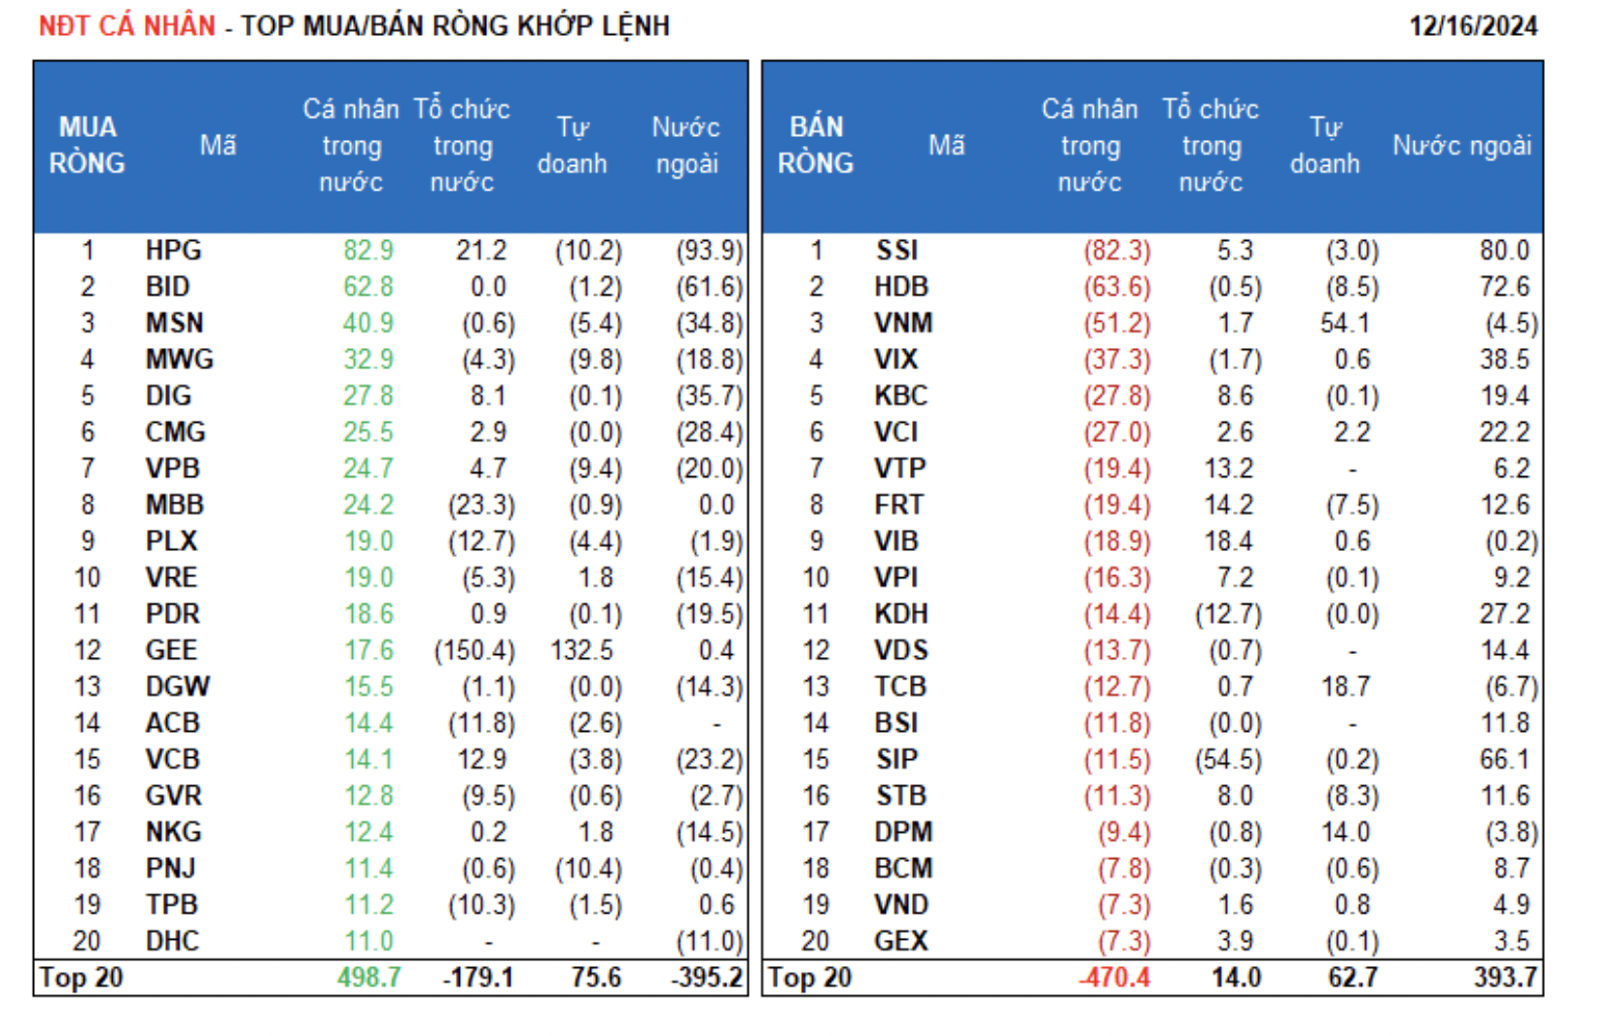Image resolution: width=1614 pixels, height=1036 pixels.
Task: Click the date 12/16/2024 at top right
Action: pos(1472,26)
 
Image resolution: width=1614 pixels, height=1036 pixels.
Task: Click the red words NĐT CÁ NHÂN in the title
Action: pos(126,26)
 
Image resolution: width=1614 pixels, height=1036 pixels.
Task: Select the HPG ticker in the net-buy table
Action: pos(173,251)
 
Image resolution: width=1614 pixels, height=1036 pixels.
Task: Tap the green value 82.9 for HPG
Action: pos(368,251)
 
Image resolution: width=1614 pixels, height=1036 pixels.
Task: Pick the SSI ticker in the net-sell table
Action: pos(896,251)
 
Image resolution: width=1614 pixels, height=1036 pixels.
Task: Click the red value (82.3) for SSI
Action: pos(1116,251)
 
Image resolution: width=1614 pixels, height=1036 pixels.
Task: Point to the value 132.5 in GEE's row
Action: pos(580,650)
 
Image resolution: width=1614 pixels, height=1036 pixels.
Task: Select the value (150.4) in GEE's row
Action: pos(474,650)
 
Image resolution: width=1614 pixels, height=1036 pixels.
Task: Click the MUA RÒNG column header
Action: pos(88,146)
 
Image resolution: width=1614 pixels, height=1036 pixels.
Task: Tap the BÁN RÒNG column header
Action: pos(816,146)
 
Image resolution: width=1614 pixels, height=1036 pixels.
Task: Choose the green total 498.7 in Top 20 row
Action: pos(368,978)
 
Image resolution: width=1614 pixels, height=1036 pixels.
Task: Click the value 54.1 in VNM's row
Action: pos(1345,323)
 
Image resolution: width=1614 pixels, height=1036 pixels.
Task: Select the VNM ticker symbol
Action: pos(903,323)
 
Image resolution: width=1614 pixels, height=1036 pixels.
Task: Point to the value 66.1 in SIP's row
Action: pos(1504,759)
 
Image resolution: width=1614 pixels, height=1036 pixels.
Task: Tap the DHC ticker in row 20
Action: pos(172,941)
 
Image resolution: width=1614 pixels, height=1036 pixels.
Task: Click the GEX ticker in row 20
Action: pos(901,941)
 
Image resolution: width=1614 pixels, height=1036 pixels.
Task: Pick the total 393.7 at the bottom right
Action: pos(1504,978)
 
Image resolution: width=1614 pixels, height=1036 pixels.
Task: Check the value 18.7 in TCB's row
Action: pos(1345,687)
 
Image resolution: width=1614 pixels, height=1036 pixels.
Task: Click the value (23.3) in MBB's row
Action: pos(481,505)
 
